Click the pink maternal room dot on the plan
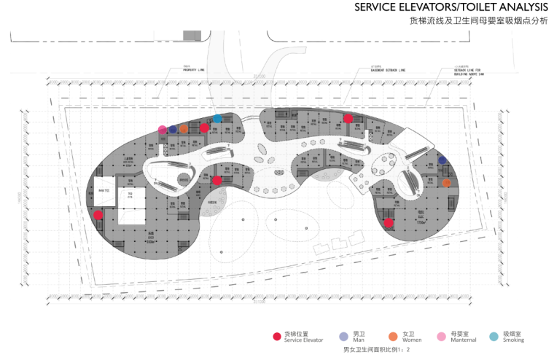click(x=162, y=130)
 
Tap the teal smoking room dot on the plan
click(x=217, y=118)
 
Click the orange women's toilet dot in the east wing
click(x=446, y=183)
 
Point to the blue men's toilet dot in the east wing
click(x=442, y=160)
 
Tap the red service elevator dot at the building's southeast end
click(x=389, y=222)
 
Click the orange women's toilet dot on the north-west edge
click(x=184, y=129)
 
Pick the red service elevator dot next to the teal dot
click(x=205, y=128)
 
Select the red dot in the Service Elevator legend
click(x=276, y=336)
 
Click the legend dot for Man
click(x=343, y=336)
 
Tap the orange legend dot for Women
click(x=393, y=336)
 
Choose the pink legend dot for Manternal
click(x=442, y=336)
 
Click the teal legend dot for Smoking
click(x=493, y=336)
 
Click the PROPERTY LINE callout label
click(x=193, y=70)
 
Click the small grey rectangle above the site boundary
click(x=192, y=35)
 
